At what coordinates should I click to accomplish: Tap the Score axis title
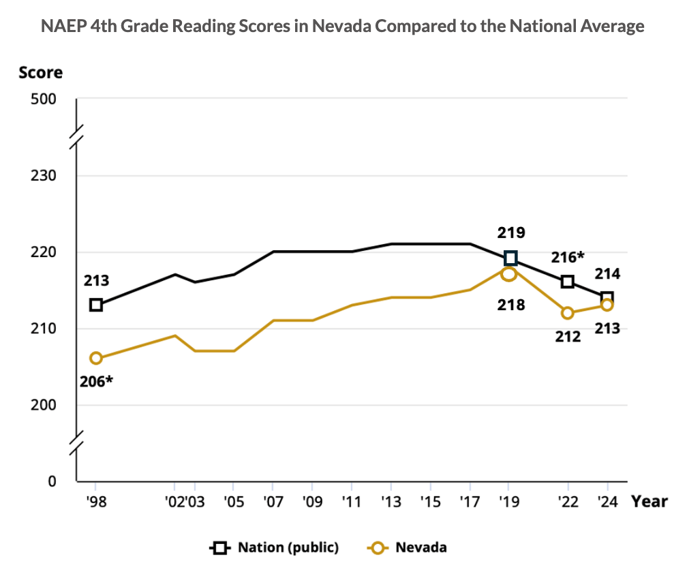(41, 72)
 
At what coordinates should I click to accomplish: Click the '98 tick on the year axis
(95, 502)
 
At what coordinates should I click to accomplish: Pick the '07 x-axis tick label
(273, 502)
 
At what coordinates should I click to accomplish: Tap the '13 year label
(391, 502)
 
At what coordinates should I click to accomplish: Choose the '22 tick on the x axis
(567, 502)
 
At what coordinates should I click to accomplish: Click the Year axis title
(649, 502)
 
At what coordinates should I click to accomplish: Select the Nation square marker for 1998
(96, 305)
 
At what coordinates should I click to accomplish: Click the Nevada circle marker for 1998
(96, 358)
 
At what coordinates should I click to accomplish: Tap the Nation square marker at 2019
(510, 258)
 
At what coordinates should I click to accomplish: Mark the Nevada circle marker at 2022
(567, 313)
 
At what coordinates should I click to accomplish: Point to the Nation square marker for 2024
(607, 297)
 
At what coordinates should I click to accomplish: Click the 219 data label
(510, 233)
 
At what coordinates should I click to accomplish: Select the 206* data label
(96, 381)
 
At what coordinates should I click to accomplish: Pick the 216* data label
(568, 257)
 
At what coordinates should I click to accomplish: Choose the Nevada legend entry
(421, 547)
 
